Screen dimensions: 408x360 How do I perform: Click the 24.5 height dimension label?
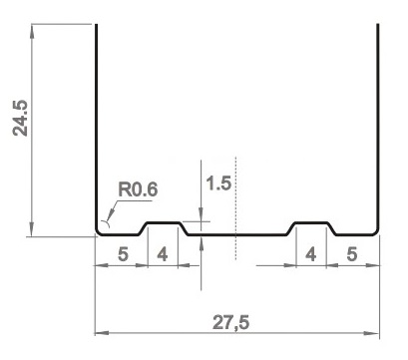pyautogui.click(x=21, y=118)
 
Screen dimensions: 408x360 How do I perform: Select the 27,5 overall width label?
pyautogui.click(x=230, y=322)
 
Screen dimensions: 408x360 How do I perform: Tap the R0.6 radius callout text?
pyautogui.click(x=138, y=189)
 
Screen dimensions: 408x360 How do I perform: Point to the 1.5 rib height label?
pyautogui.click(x=218, y=183)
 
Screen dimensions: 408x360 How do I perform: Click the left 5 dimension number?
pyautogui.click(x=123, y=254)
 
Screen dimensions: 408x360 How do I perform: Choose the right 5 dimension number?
pyautogui.click(x=352, y=254)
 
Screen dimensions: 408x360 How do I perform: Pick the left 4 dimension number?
pyautogui.click(x=163, y=255)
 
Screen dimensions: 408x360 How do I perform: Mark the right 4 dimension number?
pyautogui.click(x=311, y=255)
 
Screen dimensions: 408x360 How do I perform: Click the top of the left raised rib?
pyautogui.click(x=164, y=222)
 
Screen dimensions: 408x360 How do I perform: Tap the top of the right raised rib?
pyautogui.click(x=311, y=222)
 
